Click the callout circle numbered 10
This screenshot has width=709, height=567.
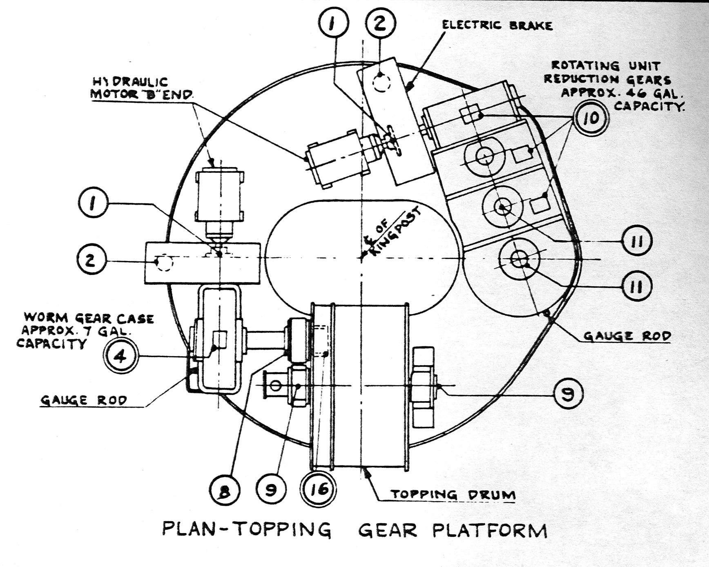click(x=591, y=118)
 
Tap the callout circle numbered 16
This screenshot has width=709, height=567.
click(x=319, y=489)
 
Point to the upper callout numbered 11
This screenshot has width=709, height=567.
click(x=637, y=241)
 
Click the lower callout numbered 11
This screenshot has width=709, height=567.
click(x=637, y=287)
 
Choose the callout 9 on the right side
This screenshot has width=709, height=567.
click(x=568, y=393)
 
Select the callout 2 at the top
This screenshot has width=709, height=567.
click(x=380, y=24)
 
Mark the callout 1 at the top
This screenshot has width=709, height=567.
click(x=334, y=24)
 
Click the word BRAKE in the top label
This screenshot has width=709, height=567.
click(x=531, y=25)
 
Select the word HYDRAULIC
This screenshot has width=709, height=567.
click(x=129, y=82)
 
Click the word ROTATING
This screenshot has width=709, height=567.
click(x=585, y=66)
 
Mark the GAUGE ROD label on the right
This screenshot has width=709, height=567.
click(x=627, y=336)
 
